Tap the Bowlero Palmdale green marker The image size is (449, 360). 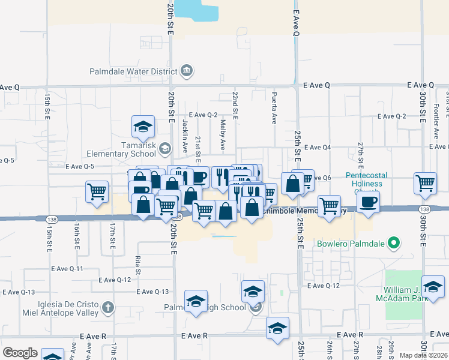394,244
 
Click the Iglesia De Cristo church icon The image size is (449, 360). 107,308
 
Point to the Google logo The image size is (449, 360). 20,353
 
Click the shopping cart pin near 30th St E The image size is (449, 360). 425,182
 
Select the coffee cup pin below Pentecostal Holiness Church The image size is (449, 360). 368,202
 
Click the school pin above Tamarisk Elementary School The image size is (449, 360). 143,126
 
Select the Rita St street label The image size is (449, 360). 137,264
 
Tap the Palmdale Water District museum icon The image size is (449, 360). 186,71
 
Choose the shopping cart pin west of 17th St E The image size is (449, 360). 97,192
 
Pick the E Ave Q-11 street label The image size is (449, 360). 67,269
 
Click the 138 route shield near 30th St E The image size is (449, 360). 424,209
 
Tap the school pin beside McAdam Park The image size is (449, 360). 432,287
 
